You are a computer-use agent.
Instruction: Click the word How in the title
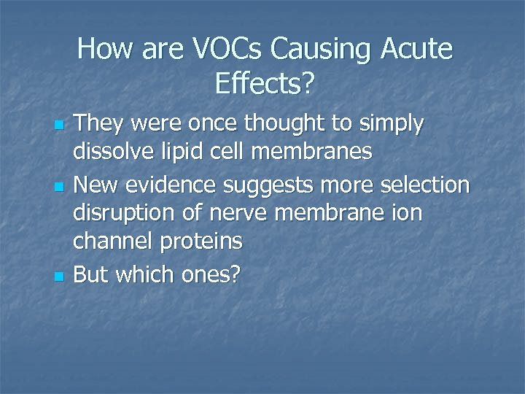point(103,50)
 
